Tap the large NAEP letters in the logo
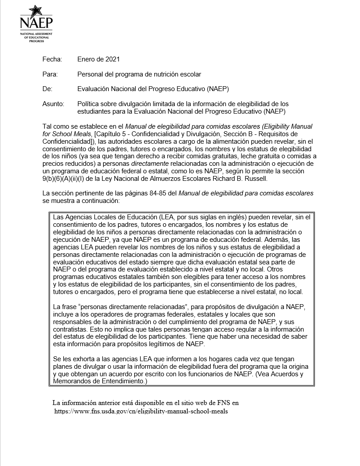[36, 23]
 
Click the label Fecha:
[52, 59]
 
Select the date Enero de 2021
[98, 59]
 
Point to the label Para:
[50, 74]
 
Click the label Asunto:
[53, 104]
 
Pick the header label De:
[47, 89]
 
